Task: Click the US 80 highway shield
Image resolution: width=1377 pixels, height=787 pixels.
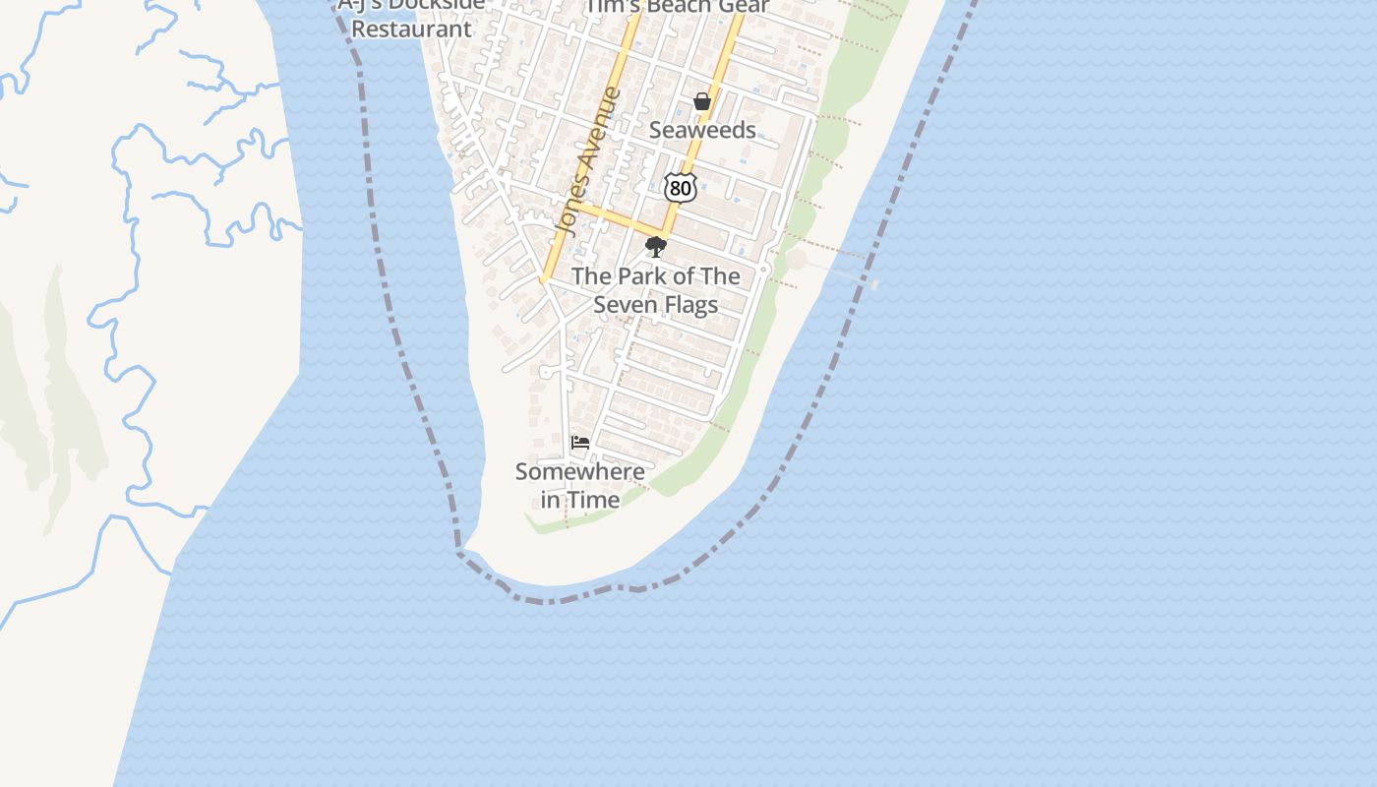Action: click(680, 187)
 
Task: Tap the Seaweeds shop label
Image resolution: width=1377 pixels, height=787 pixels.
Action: click(702, 130)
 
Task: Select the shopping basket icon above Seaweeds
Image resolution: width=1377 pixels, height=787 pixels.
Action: click(701, 101)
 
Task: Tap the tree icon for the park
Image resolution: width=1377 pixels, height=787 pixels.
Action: click(656, 246)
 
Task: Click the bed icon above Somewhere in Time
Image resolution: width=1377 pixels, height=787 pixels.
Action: click(580, 443)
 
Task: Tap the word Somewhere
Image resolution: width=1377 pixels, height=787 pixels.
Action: click(580, 471)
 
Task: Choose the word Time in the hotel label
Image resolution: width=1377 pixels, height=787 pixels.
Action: click(594, 500)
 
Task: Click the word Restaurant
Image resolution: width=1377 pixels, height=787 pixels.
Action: click(411, 29)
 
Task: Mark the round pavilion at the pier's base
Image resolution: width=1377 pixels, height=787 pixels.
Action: click(796, 260)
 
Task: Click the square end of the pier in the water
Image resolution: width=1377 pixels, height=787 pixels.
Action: click(874, 284)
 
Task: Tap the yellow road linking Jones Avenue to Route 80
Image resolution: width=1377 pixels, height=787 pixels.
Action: click(620, 220)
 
